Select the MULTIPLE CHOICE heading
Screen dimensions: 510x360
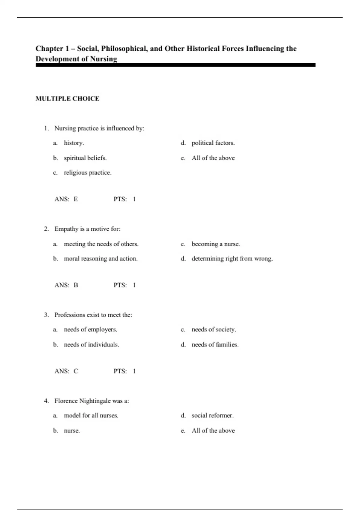click(x=67, y=99)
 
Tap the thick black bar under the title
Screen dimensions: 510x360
click(x=175, y=65)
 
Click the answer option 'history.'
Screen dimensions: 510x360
click(x=74, y=143)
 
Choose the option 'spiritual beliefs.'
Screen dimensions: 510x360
click(x=85, y=158)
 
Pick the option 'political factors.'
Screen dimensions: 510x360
click(x=213, y=143)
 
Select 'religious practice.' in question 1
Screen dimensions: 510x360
click(x=88, y=172)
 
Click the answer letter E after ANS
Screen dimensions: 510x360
click(x=76, y=199)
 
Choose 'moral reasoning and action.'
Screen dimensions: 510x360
click(x=100, y=259)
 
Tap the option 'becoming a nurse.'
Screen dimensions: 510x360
click(x=216, y=244)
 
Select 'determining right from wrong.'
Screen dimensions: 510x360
click(x=232, y=259)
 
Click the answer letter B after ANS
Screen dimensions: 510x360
click(x=76, y=285)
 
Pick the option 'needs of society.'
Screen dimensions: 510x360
click(x=214, y=329)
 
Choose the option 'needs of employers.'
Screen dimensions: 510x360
click(x=90, y=329)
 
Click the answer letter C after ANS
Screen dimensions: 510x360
click(x=76, y=371)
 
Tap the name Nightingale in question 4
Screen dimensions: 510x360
click(x=95, y=401)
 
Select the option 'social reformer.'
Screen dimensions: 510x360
click(x=212, y=415)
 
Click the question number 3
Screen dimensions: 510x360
click(x=46, y=315)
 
